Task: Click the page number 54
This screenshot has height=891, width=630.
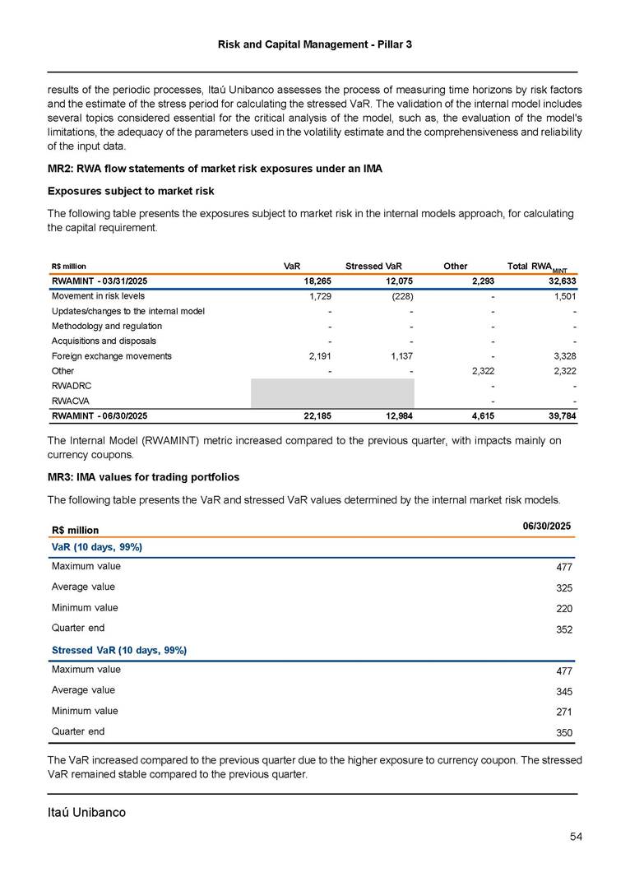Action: click(576, 837)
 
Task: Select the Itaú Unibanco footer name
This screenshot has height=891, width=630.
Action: click(86, 812)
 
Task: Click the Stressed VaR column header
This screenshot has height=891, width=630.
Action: click(373, 267)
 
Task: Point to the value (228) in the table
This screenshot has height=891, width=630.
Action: click(401, 296)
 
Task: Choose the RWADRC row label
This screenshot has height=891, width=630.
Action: click(72, 386)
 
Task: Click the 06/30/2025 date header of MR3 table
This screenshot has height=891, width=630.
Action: click(546, 526)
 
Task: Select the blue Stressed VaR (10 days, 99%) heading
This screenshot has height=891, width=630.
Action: click(118, 650)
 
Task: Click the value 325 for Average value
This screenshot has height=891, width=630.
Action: click(563, 588)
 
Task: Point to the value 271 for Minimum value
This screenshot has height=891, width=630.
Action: click(563, 712)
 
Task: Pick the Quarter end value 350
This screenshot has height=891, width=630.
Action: click(563, 732)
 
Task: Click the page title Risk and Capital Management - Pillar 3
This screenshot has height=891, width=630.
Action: click(315, 43)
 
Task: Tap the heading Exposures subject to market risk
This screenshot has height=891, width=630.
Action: click(131, 191)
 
